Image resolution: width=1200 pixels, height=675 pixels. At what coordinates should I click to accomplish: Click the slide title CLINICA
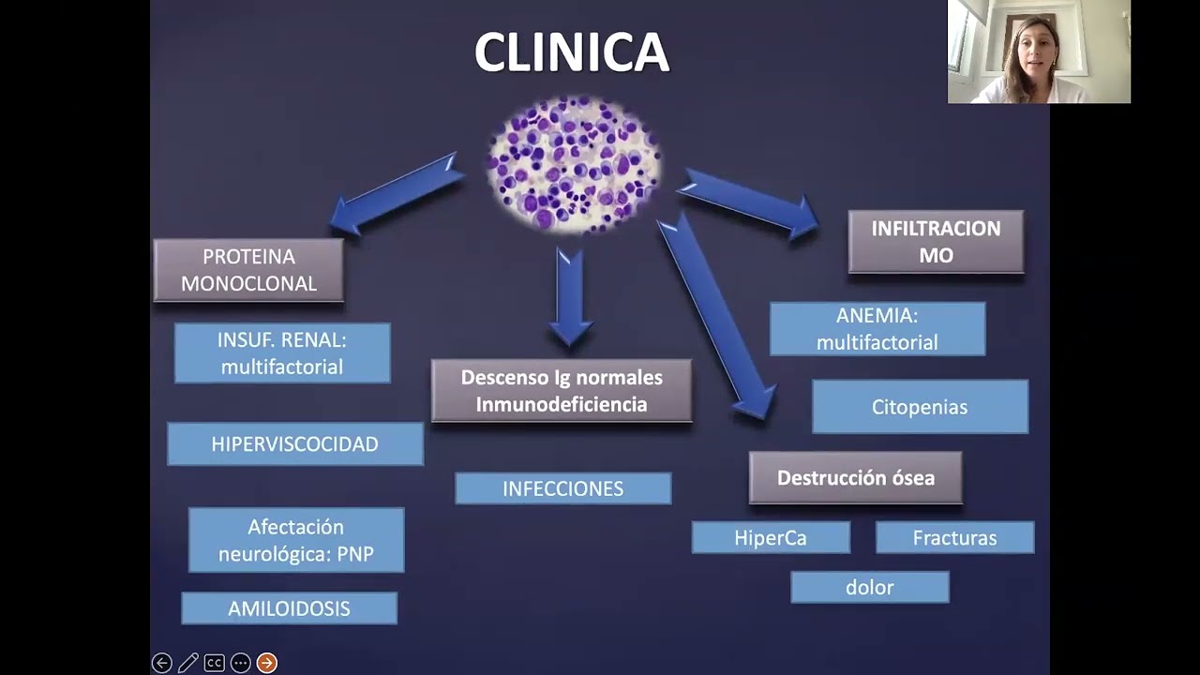pyautogui.click(x=571, y=52)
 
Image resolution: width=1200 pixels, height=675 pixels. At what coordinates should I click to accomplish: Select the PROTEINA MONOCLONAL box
pyautogui.click(x=248, y=270)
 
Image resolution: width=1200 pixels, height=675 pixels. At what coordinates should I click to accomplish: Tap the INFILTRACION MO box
pyautogui.click(x=936, y=242)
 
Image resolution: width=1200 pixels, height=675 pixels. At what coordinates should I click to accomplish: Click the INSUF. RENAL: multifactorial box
pyautogui.click(x=282, y=353)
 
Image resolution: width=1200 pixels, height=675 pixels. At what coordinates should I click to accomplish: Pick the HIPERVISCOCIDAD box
pyautogui.click(x=295, y=444)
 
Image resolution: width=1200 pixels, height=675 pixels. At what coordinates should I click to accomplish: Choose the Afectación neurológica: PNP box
pyautogui.click(x=296, y=540)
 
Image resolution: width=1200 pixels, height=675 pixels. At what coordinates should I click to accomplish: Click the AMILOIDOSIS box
pyautogui.click(x=289, y=608)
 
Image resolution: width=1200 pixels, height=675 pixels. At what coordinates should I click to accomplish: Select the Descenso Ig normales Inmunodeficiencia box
pyautogui.click(x=562, y=391)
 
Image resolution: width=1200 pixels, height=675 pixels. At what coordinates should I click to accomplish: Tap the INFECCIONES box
pyautogui.click(x=562, y=488)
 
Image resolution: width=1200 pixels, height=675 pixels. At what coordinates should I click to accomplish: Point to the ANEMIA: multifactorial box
pyautogui.click(x=877, y=329)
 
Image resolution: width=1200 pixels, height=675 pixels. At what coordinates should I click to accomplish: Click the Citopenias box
pyautogui.click(x=920, y=407)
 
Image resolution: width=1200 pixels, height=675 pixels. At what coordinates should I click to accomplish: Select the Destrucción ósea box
pyautogui.click(x=855, y=478)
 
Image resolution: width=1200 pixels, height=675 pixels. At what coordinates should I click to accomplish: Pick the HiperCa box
pyautogui.click(x=771, y=538)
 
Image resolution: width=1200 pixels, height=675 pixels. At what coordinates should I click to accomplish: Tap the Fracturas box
pyautogui.click(x=954, y=538)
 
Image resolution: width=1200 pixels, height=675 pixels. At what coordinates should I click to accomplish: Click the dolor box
pyautogui.click(x=870, y=588)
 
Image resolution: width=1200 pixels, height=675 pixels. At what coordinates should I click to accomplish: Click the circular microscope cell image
pyautogui.click(x=574, y=164)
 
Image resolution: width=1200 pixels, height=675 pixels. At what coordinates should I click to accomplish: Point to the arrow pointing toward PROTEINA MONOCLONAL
pyautogui.click(x=394, y=195)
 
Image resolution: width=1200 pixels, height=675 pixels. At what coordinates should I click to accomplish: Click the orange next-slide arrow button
pyautogui.click(x=267, y=663)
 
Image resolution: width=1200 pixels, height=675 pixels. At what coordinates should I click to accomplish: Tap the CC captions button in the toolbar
pyautogui.click(x=215, y=663)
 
